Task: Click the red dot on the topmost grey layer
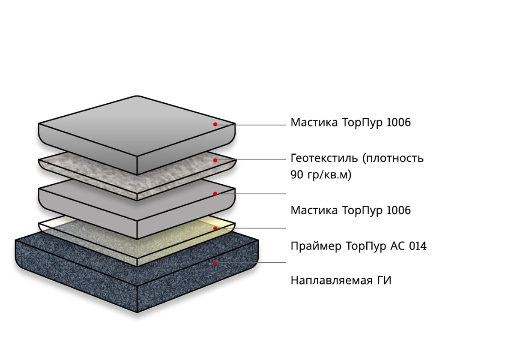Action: (215, 124)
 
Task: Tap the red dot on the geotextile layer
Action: (215, 160)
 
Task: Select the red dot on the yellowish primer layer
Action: (215, 228)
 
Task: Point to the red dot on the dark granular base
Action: (215, 263)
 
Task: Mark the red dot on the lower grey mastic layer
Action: (215, 194)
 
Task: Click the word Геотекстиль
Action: (324, 159)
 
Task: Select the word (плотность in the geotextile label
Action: (393, 159)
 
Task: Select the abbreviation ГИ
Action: (383, 281)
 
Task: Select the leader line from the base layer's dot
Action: (253, 263)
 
